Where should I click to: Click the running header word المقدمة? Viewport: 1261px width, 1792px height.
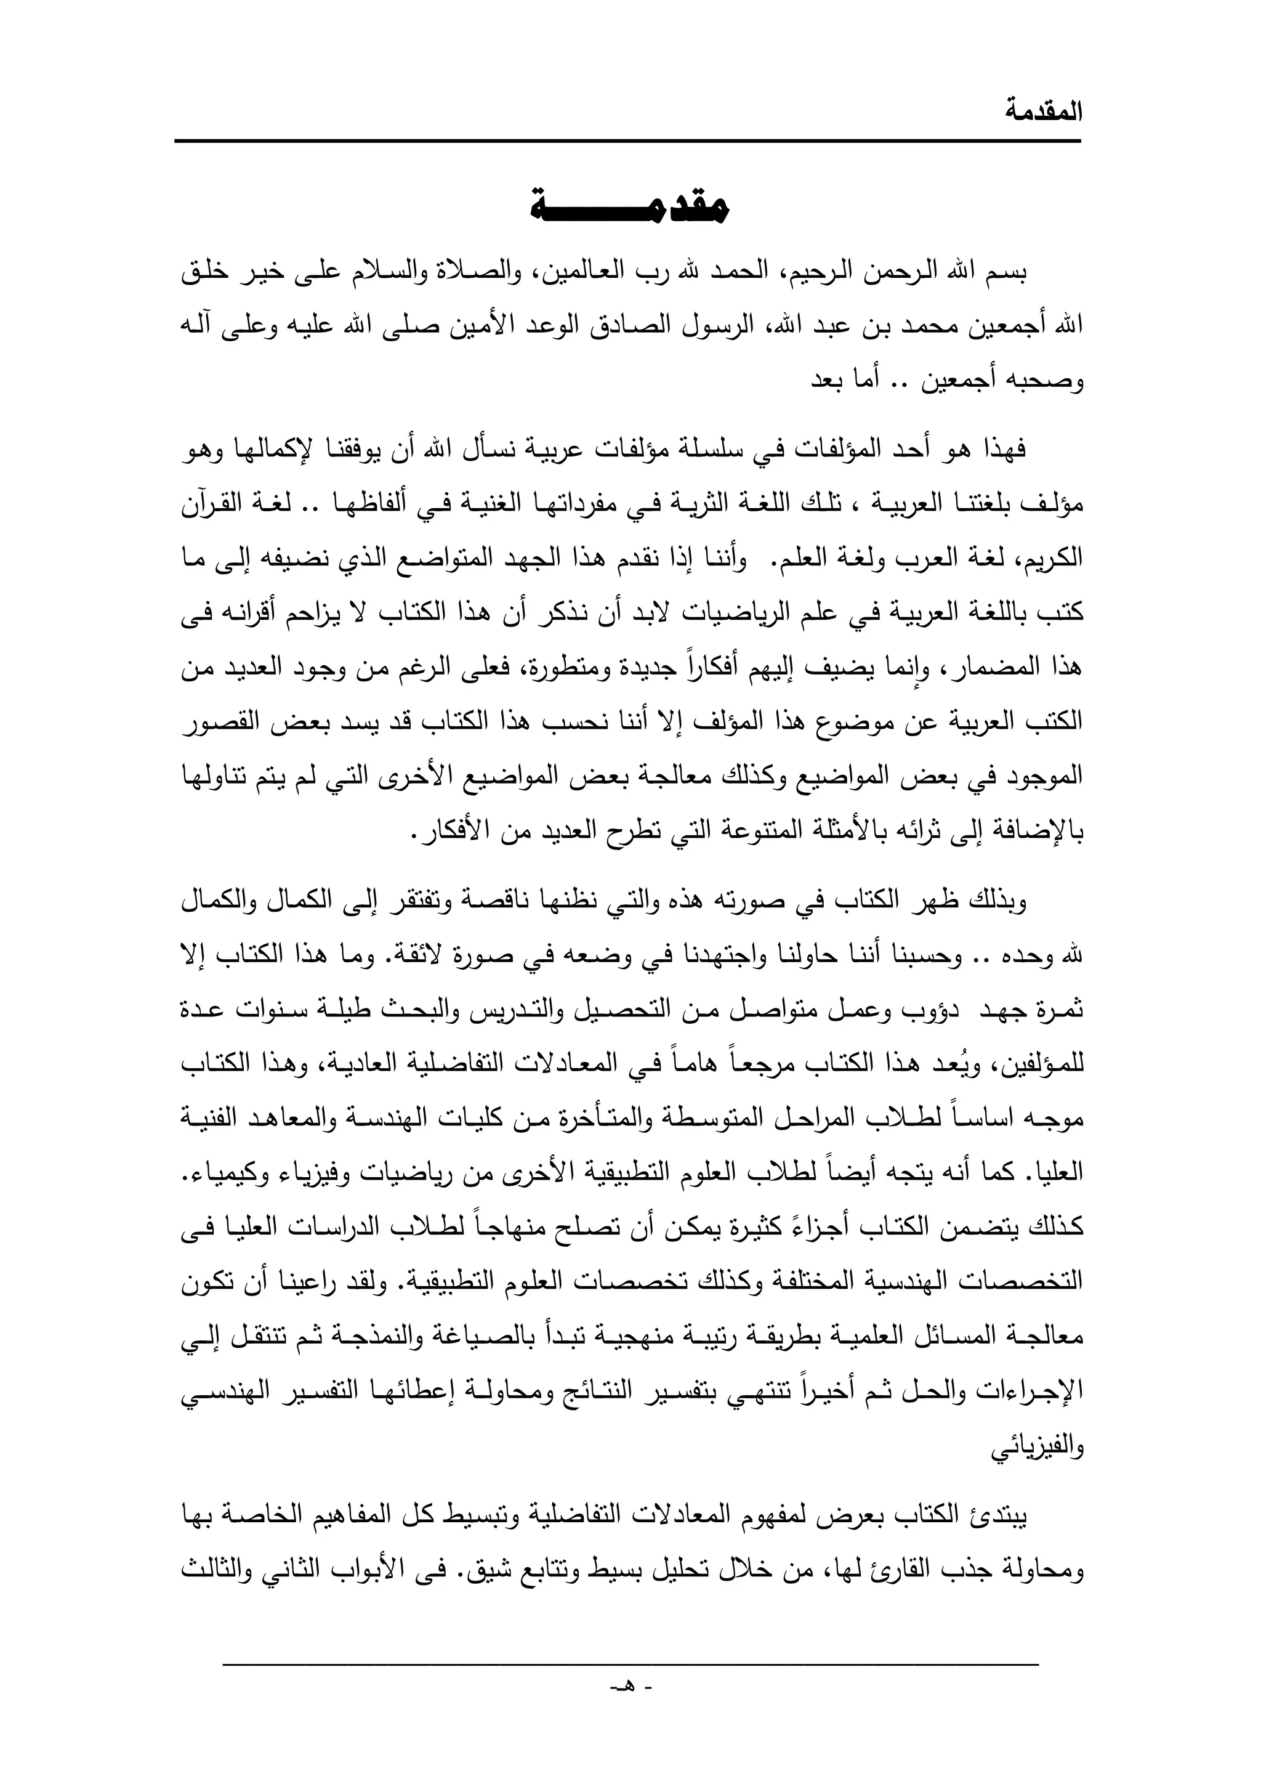click(x=1043, y=111)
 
